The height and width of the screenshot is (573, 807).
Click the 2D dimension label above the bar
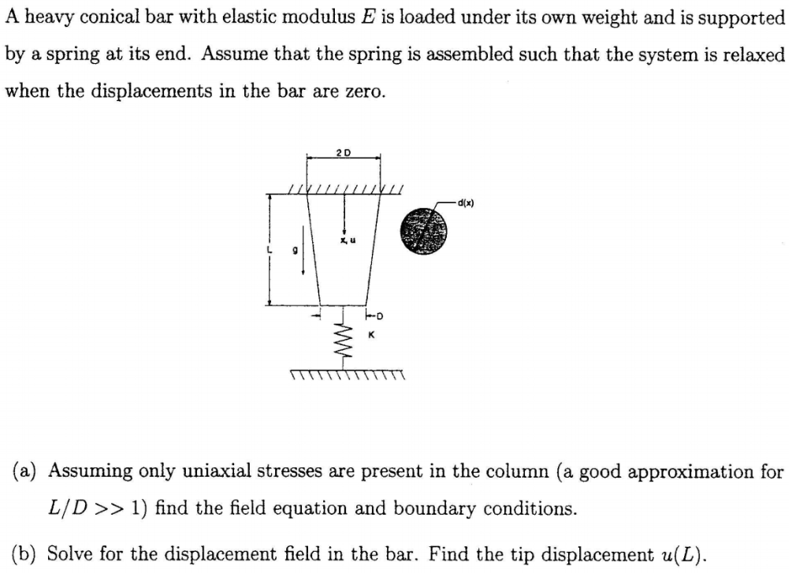point(344,151)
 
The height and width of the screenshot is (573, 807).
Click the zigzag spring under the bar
point(343,339)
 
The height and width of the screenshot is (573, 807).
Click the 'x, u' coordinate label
point(345,240)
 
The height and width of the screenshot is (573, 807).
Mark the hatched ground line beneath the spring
point(347,373)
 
